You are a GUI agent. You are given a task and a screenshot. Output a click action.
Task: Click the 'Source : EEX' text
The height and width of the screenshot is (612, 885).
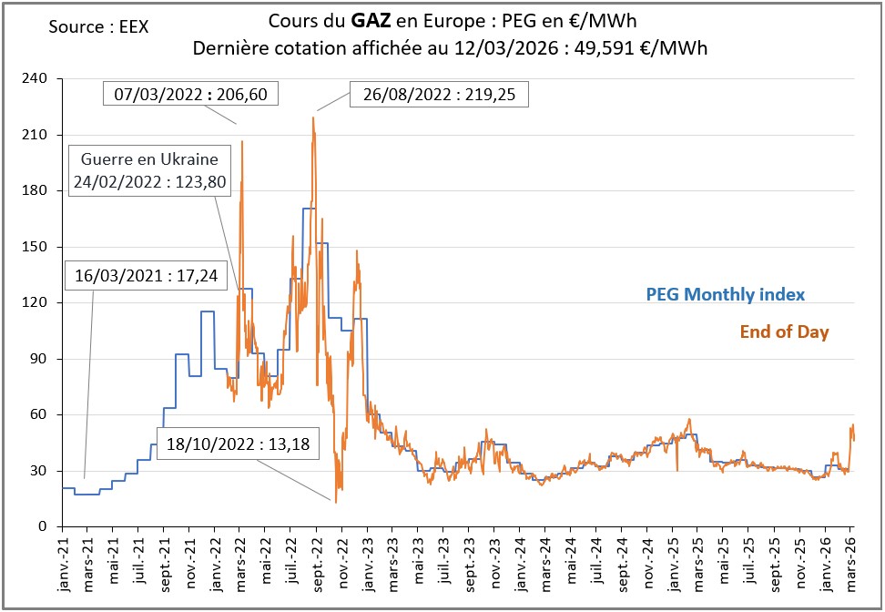[x=98, y=26]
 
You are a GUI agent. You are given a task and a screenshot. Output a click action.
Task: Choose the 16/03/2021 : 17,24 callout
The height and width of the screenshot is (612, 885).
[x=146, y=275]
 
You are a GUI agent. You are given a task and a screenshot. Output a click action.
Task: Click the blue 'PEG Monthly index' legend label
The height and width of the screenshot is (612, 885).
[x=726, y=294]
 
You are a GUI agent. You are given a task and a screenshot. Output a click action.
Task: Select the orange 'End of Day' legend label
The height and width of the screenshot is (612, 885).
[x=784, y=332]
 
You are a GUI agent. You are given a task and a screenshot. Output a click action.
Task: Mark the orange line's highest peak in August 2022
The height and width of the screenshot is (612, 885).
[x=314, y=117]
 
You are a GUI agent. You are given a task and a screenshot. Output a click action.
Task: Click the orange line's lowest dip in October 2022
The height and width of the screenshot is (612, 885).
[x=335, y=502]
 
